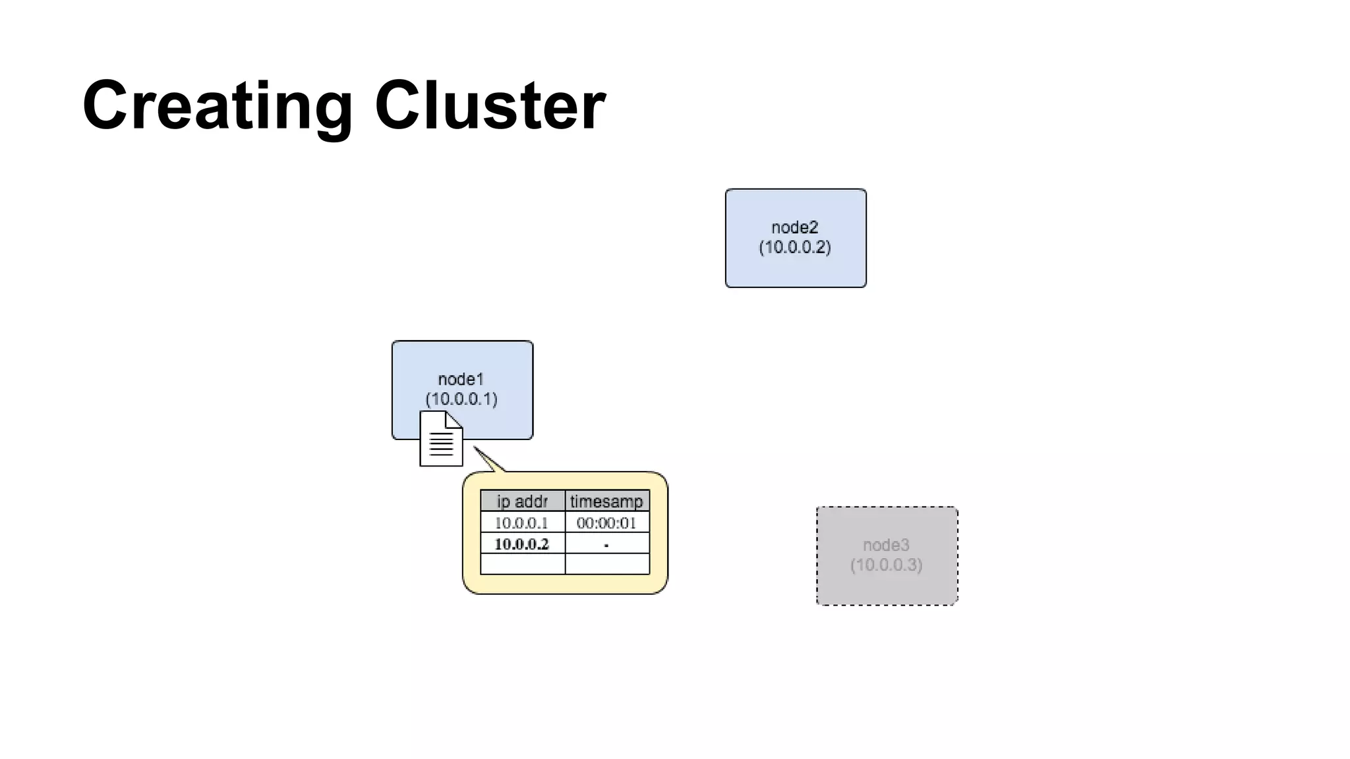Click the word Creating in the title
218,105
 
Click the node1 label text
461,379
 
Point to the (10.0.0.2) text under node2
795,247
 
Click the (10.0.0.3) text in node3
886,565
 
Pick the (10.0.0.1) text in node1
461,399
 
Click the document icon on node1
441,439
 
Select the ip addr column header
522,501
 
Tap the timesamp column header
606,501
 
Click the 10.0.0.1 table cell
521,523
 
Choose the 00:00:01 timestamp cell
606,523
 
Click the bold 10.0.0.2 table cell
521,544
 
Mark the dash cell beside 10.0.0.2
606,544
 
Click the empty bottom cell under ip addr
522,564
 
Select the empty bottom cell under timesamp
607,564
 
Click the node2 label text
795,227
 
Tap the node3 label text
886,545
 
